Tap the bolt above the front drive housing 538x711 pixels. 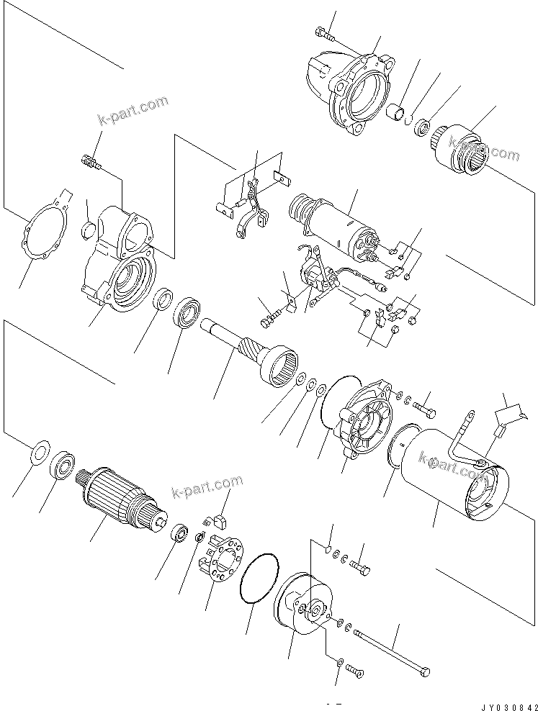[325, 32]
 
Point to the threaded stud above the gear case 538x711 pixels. [90, 164]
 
